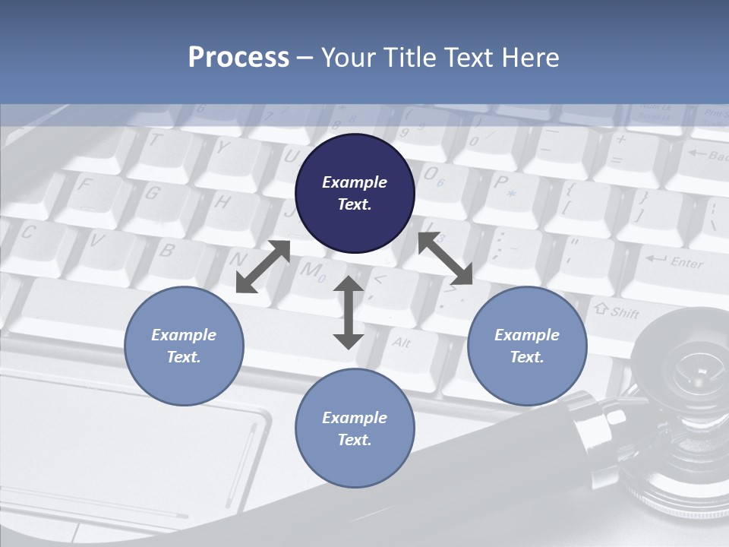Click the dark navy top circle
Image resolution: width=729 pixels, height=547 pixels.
(355, 193)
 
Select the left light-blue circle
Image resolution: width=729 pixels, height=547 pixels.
(184, 346)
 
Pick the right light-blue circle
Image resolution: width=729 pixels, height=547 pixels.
(527, 346)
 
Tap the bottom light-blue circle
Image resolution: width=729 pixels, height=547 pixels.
(355, 428)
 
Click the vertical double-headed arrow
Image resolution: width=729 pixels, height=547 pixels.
(349, 313)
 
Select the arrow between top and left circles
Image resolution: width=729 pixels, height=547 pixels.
(263, 267)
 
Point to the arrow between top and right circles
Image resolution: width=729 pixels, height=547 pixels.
(445, 258)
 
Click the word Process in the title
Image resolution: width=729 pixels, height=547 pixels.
(238, 57)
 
